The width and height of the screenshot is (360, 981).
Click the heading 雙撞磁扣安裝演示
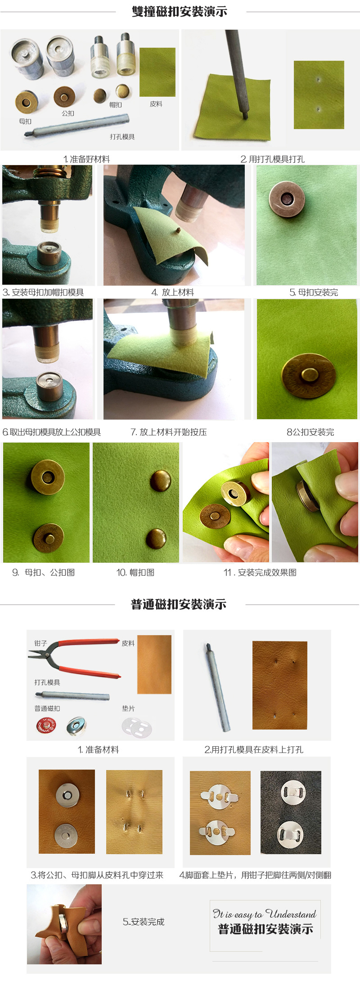point(179,12)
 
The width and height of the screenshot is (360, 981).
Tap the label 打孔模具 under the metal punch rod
point(122,137)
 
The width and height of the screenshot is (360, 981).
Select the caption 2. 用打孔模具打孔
point(272,159)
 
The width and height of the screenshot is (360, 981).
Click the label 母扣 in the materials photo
point(25,121)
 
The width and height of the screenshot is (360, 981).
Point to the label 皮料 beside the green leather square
point(156,104)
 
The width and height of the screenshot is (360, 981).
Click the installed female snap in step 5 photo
point(286,199)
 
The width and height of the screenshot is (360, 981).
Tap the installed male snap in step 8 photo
point(309,376)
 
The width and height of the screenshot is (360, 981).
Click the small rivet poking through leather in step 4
point(178,230)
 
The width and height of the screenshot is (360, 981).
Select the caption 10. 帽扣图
point(135,573)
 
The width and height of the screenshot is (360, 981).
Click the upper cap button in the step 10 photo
point(160,480)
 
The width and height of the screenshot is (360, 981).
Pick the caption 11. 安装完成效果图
point(260,573)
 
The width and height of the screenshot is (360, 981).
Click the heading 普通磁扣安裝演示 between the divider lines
point(179,605)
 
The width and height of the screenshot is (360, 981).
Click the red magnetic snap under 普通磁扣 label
point(46,726)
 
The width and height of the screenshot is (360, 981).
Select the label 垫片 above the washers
point(128,708)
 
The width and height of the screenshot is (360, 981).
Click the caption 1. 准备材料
point(99,750)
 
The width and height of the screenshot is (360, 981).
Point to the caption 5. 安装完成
point(144,922)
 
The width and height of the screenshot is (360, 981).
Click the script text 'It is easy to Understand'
point(265,914)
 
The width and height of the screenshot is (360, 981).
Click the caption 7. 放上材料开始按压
point(169,432)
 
